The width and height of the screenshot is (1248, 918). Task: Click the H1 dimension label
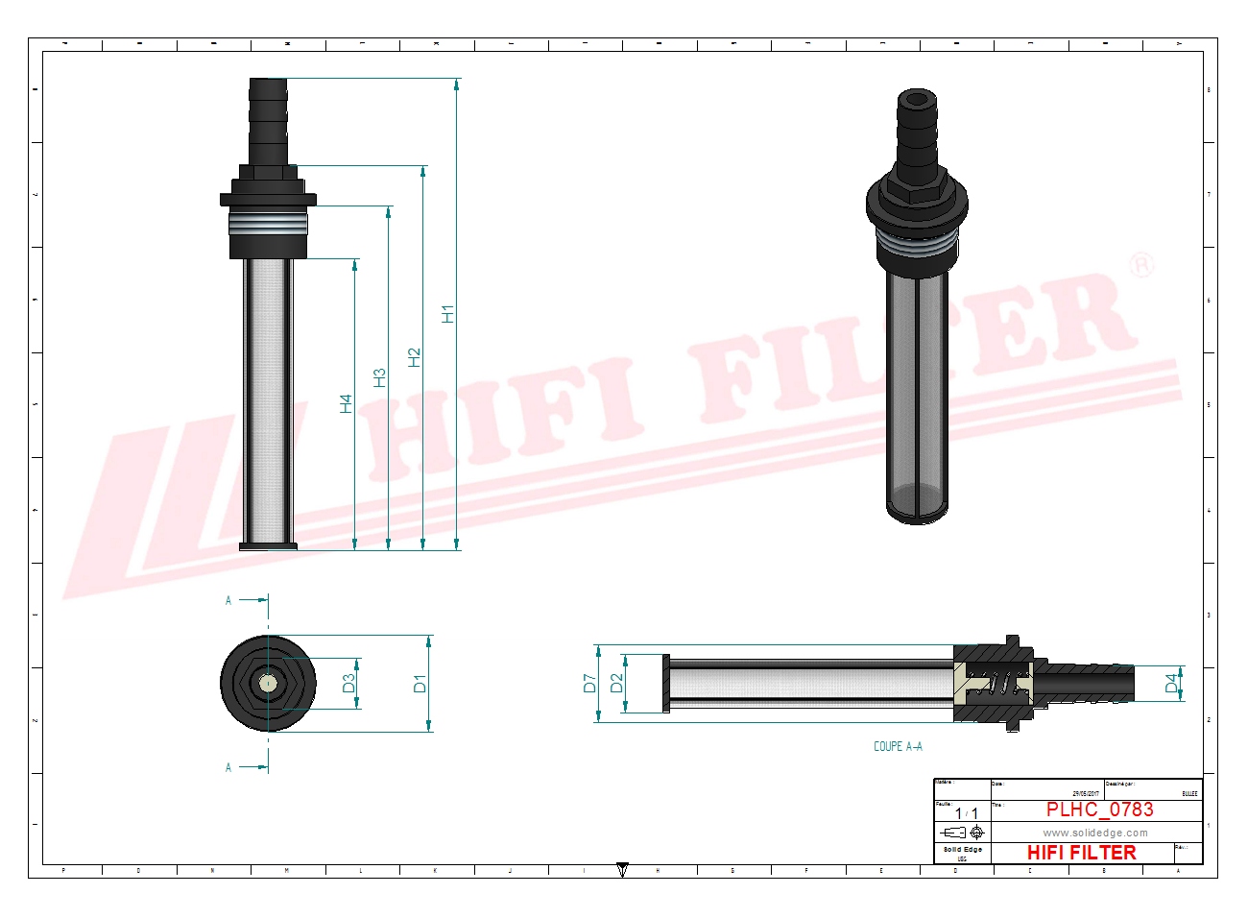click(447, 314)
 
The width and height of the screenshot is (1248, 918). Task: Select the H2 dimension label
click(414, 357)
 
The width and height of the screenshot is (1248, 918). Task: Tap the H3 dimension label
click(379, 378)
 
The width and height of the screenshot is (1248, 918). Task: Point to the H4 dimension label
click(346, 404)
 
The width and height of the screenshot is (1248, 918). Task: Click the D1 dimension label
click(420, 684)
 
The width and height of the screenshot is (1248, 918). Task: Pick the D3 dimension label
click(348, 684)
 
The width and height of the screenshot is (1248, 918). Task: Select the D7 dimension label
click(589, 684)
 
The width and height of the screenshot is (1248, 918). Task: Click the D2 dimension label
click(616, 684)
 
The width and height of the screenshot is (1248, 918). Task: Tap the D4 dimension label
click(1171, 684)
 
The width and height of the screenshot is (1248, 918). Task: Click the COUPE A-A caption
click(898, 746)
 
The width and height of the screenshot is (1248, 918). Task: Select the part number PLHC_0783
click(1099, 810)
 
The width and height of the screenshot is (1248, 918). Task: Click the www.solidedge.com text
click(1095, 833)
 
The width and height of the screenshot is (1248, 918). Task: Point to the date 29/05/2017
click(1086, 793)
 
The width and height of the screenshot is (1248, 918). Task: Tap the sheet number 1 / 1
click(966, 813)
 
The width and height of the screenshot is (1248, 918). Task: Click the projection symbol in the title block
click(963, 833)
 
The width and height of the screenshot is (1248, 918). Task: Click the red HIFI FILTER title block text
click(1081, 853)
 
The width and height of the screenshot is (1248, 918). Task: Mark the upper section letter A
click(228, 600)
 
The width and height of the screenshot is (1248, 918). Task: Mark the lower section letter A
click(228, 767)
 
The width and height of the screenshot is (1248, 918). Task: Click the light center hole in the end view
click(268, 684)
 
